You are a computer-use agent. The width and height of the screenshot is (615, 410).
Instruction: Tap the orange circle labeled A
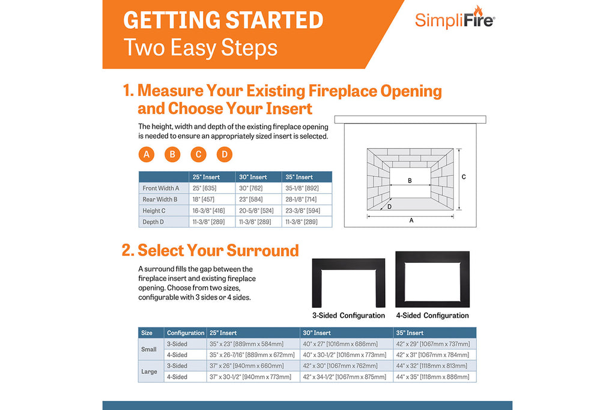(145, 154)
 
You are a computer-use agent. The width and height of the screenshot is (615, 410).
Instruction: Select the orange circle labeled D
(224, 154)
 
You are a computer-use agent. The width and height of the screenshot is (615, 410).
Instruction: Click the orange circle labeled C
(198, 154)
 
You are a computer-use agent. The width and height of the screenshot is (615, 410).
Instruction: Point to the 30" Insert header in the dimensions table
(254, 177)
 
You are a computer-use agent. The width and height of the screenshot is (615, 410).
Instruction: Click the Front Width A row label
(160, 188)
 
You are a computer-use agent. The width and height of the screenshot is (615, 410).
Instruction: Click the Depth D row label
(153, 222)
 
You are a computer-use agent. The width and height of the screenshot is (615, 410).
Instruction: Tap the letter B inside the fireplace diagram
(410, 180)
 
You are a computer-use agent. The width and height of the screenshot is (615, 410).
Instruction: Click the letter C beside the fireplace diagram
(464, 177)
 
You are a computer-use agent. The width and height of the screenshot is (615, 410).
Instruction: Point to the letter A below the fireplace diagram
(411, 220)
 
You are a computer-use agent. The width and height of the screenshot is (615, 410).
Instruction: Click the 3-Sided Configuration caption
(348, 316)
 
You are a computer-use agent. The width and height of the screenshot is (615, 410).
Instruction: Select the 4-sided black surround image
(432, 280)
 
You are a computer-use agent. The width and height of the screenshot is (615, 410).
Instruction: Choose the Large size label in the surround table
(150, 372)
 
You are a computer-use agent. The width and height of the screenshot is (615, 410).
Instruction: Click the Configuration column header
(186, 333)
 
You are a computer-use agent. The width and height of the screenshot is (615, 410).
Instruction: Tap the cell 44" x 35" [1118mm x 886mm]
(432, 377)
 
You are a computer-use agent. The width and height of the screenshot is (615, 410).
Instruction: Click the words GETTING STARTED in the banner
(223, 20)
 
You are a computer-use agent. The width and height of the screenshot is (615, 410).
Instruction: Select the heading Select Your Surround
(210, 250)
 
